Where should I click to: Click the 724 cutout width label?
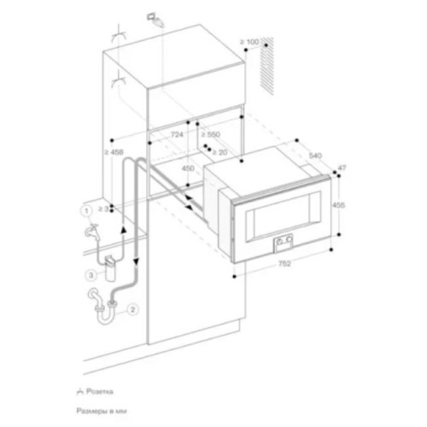coord(177,136)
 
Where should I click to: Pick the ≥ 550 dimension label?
coord(211,136)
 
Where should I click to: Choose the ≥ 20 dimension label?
coord(219,152)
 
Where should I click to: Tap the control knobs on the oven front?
coord(282,244)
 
